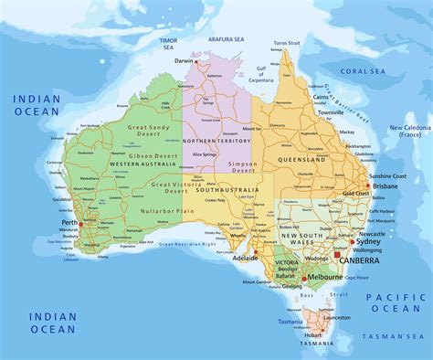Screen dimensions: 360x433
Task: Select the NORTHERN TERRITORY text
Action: pyautogui.click(x=216, y=142)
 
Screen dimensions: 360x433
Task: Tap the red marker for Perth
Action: pyautogui.click(x=80, y=224)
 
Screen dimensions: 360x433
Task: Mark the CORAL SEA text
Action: pyautogui.click(x=360, y=69)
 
